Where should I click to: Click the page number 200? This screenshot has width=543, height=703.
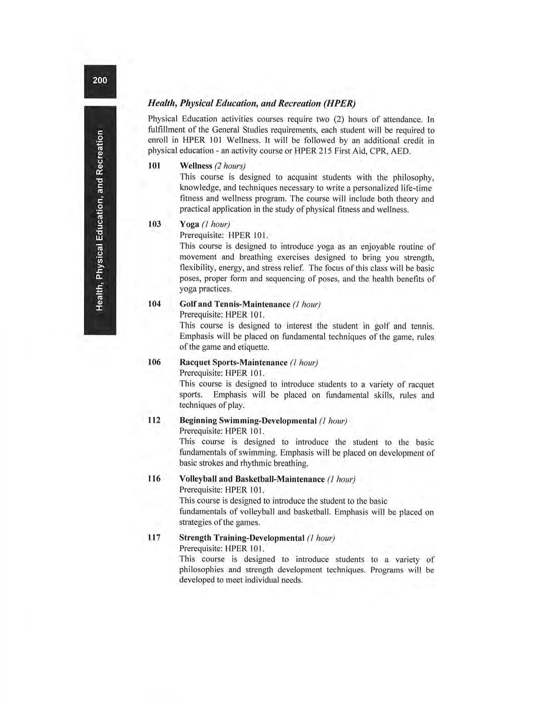click(100, 80)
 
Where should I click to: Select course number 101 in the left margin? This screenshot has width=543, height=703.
click(154, 165)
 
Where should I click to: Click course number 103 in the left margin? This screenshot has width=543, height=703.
click(154, 224)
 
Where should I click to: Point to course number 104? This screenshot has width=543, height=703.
click(154, 304)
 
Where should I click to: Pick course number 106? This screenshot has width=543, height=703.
click(154, 362)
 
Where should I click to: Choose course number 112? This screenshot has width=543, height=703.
click(154, 421)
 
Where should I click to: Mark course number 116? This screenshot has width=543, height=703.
click(154, 478)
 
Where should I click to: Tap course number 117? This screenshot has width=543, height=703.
click(154, 537)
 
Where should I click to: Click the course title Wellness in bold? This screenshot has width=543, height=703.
click(196, 165)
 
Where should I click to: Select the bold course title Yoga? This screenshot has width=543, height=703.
click(190, 224)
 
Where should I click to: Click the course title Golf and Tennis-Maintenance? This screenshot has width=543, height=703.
click(235, 304)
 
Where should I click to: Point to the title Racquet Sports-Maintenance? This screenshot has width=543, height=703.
click(233, 362)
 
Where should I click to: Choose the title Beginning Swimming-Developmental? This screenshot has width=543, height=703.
click(248, 421)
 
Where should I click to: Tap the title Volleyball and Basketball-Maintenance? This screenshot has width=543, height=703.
click(252, 479)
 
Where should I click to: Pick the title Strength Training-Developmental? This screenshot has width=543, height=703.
click(242, 538)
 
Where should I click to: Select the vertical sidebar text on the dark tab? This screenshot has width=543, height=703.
click(100, 220)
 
